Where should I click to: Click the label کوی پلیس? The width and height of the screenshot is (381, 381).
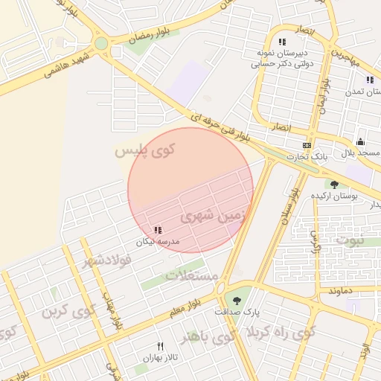pyautogui.click(x=144, y=152)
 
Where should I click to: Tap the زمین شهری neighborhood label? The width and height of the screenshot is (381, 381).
pyautogui.click(x=207, y=217)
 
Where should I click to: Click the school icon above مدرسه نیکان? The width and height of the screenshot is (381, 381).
pyautogui.click(x=157, y=231)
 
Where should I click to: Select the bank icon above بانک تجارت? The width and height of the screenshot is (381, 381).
pyautogui.click(x=306, y=145)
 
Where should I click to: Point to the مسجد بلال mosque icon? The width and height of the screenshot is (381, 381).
pyautogui.click(x=361, y=142)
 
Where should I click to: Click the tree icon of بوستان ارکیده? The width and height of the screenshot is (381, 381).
pyautogui.click(x=334, y=185)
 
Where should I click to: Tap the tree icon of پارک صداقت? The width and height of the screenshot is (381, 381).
pyautogui.click(x=237, y=301)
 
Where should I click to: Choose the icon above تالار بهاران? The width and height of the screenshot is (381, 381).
pyautogui.click(x=160, y=347)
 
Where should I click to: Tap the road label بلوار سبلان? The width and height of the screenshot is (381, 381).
pyautogui.click(x=289, y=211)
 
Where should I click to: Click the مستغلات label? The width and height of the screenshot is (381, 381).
pyautogui.click(x=191, y=275)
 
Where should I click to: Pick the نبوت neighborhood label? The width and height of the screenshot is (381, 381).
pyautogui.click(x=350, y=240)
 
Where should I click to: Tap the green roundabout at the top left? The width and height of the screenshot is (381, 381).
pyautogui.click(x=100, y=43)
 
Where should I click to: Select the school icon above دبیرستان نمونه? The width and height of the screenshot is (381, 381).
pyautogui.click(x=282, y=42)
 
